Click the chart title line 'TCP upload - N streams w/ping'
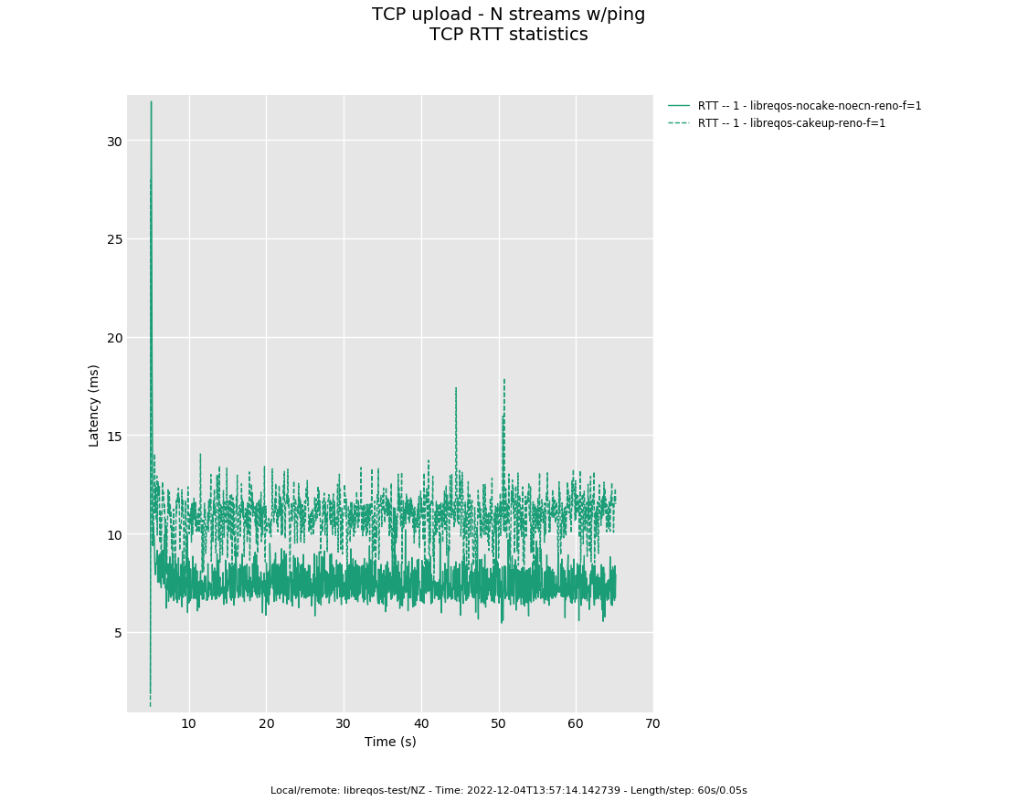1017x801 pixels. point(508,15)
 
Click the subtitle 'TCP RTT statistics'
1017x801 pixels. point(508,35)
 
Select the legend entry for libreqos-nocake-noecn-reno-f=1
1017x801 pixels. point(810,106)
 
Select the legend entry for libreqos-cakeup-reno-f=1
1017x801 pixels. point(791,123)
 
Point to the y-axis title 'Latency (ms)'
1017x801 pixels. point(94,405)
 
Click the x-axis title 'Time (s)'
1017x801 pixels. point(390,742)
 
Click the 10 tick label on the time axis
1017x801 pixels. point(189,724)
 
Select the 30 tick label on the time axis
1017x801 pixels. point(344,724)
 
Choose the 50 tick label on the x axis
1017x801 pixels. point(498,724)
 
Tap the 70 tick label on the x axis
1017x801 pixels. point(652,724)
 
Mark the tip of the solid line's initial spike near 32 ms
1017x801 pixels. point(151,101)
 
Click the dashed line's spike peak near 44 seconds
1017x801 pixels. point(456,387)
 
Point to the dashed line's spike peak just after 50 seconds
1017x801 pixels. point(503,379)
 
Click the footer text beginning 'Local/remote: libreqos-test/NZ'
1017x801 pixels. point(508,790)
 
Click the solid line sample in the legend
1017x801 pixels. point(679,106)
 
